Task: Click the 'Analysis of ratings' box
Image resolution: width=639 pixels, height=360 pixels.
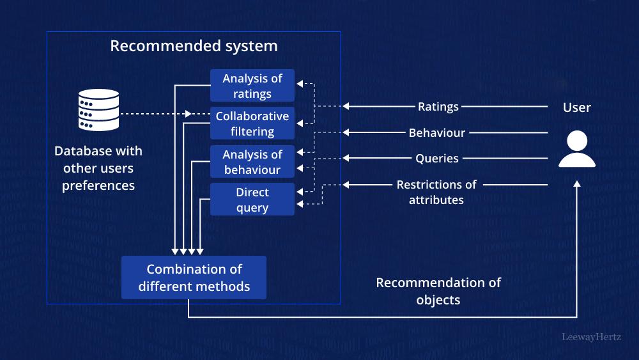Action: pyautogui.click(x=252, y=86)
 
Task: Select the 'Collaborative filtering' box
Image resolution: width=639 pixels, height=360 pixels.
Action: pyautogui.click(x=252, y=124)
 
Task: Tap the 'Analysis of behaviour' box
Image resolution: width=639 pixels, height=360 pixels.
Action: pyautogui.click(x=252, y=162)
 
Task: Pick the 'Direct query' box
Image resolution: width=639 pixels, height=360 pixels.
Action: pyautogui.click(x=252, y=200)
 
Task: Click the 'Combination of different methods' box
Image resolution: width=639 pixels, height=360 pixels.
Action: pyautogui.click(x=194, y=278)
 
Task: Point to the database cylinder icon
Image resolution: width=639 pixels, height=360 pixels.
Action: pyautogui.click(x=98, y=110)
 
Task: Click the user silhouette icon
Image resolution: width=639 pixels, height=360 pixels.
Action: pyautogui.click(x=577, y=150)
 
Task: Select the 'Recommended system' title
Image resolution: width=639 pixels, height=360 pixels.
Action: pyautogui.click(x=194, y=46)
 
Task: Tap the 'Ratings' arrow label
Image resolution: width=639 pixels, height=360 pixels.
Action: pyautogui.click(x=438, y=107)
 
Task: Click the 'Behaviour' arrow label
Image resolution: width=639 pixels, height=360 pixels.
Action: pyautogui.click(x=437, y=133)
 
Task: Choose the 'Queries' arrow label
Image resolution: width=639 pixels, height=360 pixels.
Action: pyautogui.click(x=437, y=158)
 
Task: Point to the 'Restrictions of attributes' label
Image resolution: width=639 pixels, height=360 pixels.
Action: pyautogui.click(x=436, y=192)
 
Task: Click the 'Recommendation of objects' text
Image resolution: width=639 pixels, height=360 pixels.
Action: pyautogui.click(x=438, y=291)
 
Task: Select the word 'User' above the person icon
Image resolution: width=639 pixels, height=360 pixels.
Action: pyautogui.click(x=577, y=107)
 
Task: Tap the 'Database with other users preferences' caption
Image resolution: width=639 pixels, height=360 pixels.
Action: pyautogui.click(x=98, y=168)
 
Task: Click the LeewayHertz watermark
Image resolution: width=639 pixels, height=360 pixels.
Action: pyautogui.click(x=591, y=336)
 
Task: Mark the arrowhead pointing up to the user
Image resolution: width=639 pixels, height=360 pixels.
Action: pyautogui.click(x=577, y=184)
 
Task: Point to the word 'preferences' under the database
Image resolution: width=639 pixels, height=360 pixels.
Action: pyautogui.click(x=98, y=185)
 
